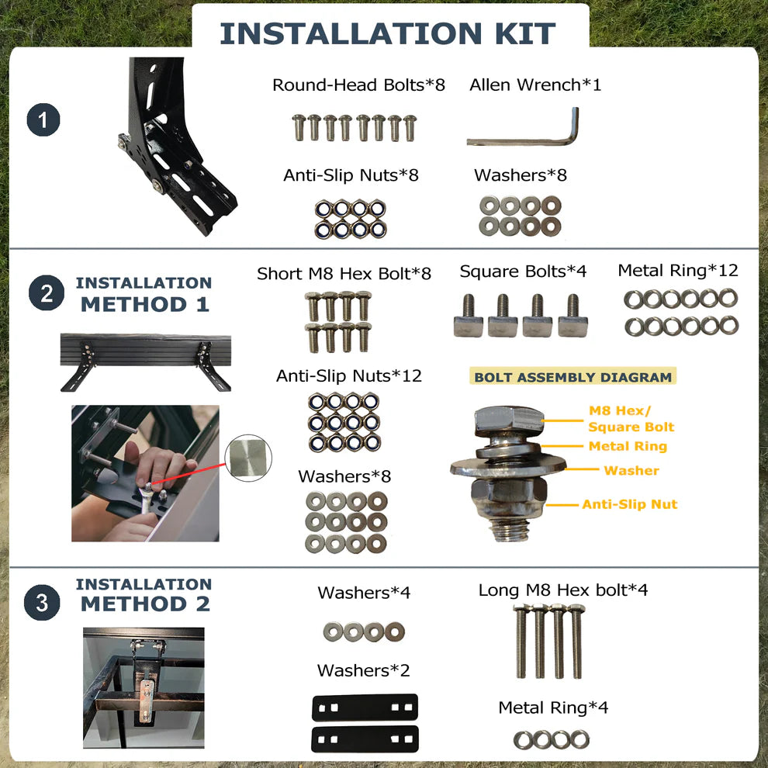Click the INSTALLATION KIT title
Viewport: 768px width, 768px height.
(387, 33)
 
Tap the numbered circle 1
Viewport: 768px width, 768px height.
(43, 120)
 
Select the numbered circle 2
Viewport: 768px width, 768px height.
(47, 293)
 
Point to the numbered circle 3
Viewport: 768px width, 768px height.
(42, 602)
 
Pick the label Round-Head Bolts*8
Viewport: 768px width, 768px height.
(358, 85)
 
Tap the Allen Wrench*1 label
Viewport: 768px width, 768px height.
(534, 85)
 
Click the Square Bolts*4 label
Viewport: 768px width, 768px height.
(523, 271)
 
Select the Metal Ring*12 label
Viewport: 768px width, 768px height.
(678, 270)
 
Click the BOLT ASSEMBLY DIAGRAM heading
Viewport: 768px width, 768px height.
(573, 377)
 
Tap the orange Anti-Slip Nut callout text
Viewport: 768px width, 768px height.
(629, 504)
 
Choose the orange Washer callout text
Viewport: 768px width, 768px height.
(631, 470)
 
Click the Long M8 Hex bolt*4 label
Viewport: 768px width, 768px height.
(562, 590)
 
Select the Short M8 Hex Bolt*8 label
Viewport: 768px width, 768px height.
(344, 273)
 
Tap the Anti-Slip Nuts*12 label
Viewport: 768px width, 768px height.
(349, 375)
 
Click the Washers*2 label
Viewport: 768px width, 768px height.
(363, 670)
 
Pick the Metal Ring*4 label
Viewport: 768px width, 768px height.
(553, 707)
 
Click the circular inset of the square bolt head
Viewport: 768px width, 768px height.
(248, 458)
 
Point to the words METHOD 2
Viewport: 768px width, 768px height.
(146, 604)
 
